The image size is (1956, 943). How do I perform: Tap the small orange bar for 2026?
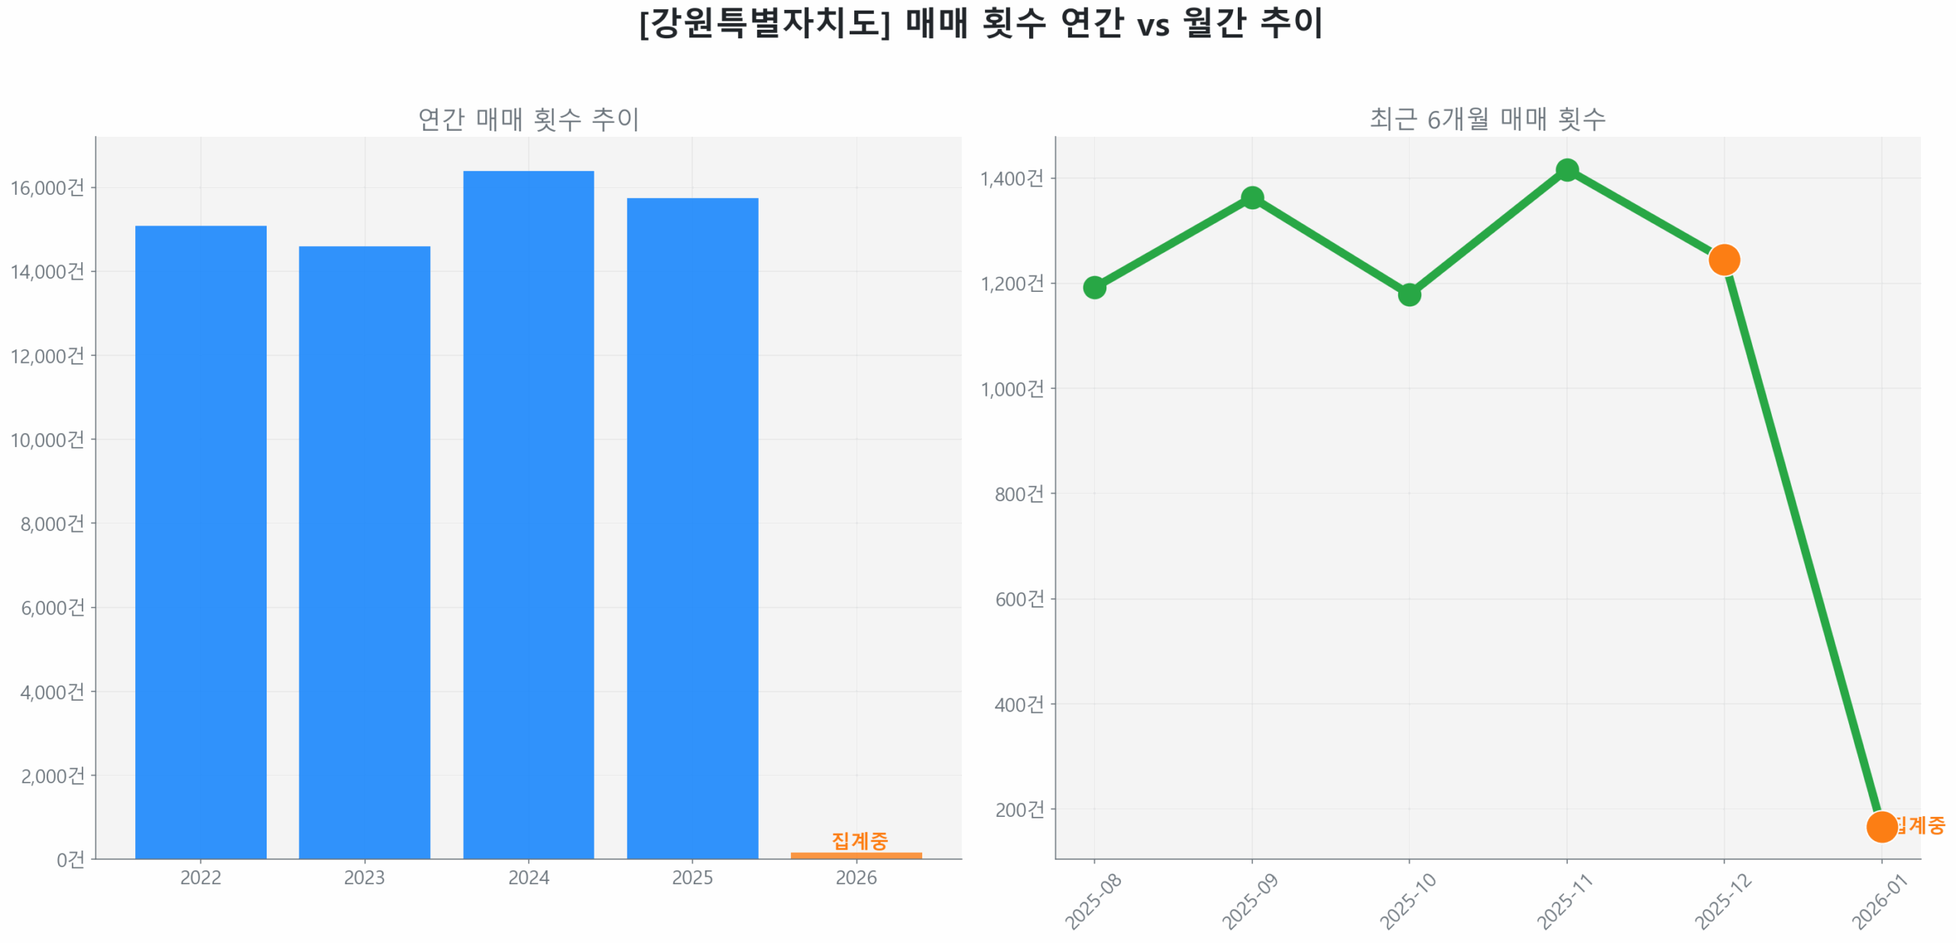coord(856,854)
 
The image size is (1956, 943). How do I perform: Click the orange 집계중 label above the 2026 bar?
coord(859,840)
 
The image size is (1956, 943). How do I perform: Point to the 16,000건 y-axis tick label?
coord(47,187)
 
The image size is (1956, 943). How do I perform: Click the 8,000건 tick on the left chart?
coord(52,523)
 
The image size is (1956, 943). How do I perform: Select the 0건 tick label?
coord(70,859)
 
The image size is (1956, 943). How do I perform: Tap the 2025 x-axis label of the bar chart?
coord(691,877)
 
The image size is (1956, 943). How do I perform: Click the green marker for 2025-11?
coord(1566,170)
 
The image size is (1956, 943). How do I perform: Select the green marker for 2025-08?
coord(1094,287)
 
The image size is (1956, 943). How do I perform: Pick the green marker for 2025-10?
coord(1409,294)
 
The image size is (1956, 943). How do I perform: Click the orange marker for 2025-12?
coord(1724,260)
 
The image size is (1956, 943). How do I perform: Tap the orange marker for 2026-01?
coord(1881,826)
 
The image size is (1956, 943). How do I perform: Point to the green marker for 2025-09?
coord(1252,198)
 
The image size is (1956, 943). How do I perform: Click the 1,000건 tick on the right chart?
coord(1012,389)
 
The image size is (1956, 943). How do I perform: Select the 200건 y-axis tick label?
coord(1019,809)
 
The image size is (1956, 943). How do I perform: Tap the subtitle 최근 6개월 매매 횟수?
coord(1487,118)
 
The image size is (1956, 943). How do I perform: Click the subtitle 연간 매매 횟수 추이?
coord(528,118)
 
